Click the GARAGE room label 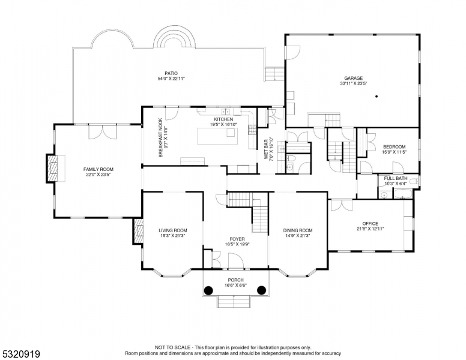[353, 78]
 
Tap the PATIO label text [172, 73]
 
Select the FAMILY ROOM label [98, 169]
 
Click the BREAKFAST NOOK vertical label [160, 138]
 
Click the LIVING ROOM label [173, 230]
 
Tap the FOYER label [237, 239]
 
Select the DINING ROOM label [298, 230]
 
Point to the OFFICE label [370, 224]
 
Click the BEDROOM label [394, 147]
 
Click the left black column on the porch [208, 290]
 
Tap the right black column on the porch [261, 290]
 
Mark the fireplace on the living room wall [138, 231]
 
